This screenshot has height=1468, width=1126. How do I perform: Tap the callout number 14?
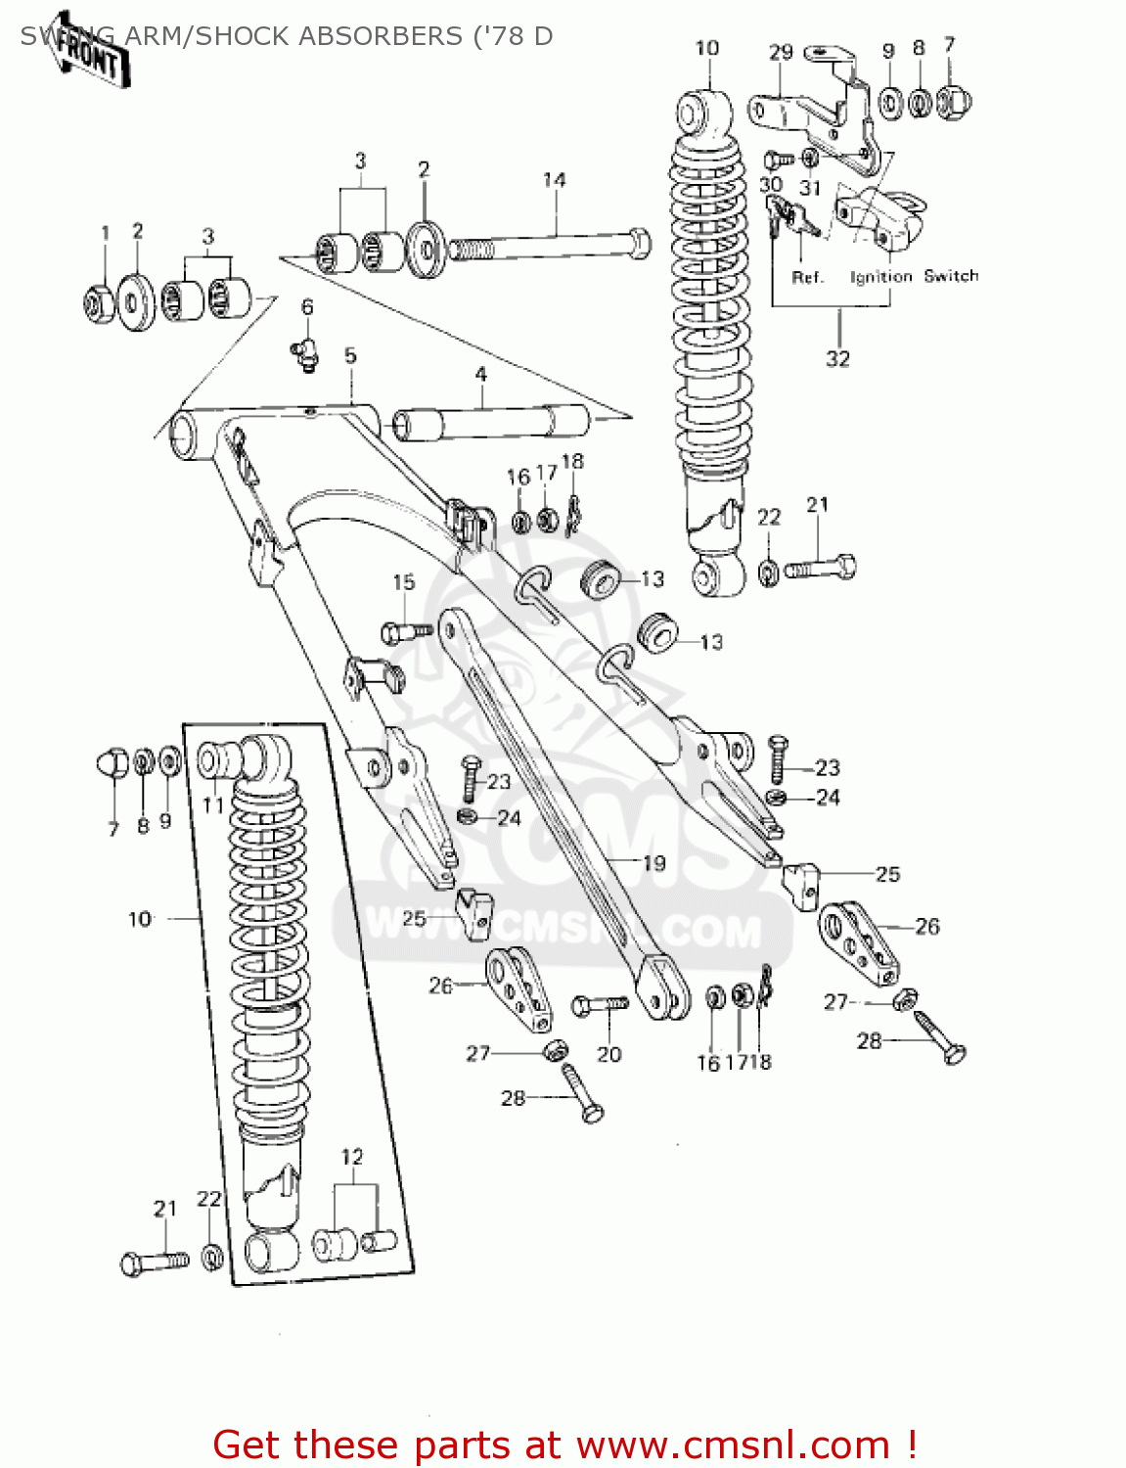point(554,180)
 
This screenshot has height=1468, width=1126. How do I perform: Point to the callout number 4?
point(480,375)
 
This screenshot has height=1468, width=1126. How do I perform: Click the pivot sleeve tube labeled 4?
point(489,424)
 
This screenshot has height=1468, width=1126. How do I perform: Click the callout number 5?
point(350,356)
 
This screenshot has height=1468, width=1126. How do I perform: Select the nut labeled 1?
point(100,304)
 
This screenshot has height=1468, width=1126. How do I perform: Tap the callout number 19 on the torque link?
point(653,862)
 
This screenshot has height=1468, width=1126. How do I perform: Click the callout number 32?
point(837,359)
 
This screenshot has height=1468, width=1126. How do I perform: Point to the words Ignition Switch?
point(914,277)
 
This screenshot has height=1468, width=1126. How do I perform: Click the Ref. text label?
point(807,278)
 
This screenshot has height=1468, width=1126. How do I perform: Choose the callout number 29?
point(780,52)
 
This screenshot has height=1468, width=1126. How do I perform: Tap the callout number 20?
point(608,1054)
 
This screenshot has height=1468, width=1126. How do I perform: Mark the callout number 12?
point(352,1157)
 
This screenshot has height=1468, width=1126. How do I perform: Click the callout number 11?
point(213,805)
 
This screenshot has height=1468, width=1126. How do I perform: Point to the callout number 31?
point(810,187)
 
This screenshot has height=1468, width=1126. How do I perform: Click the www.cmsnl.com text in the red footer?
point(732,1445)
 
